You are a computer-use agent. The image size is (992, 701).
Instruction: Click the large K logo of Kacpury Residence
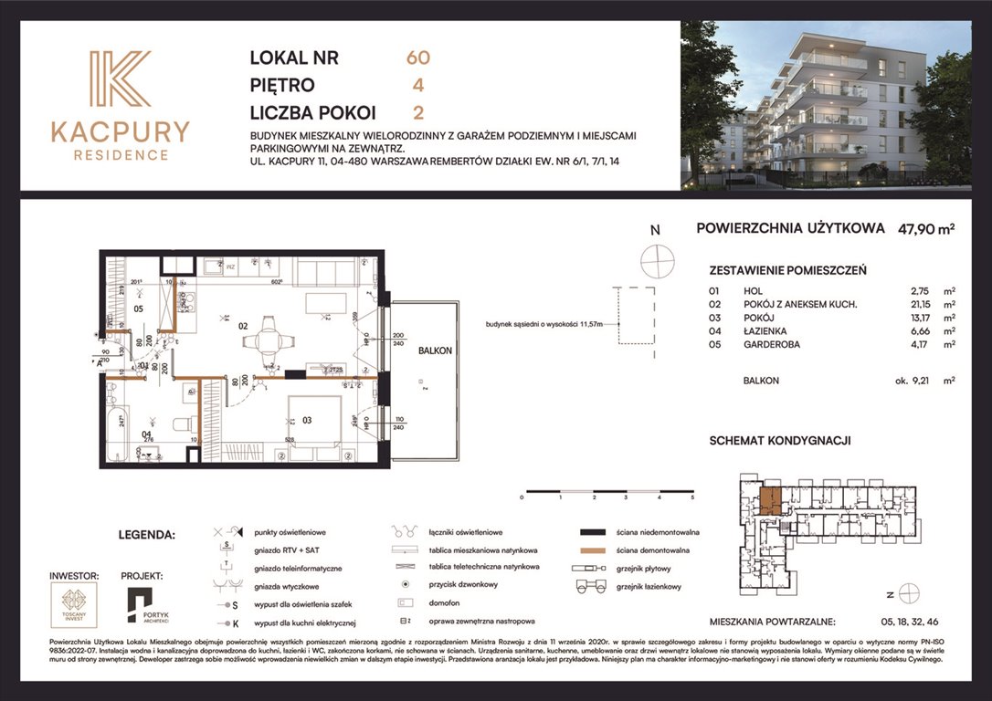click(x=119, y=79)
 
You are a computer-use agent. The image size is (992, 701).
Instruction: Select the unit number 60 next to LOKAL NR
click(x=417, y=58)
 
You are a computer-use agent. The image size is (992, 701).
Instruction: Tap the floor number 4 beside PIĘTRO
click(x=417, y=86)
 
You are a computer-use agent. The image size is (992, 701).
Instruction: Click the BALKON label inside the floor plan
click(x=433, y=350)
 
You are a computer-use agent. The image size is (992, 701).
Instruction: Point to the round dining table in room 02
click(x=268, y=340)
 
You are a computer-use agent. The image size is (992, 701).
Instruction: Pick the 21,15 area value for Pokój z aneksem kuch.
click(x=910, y=303)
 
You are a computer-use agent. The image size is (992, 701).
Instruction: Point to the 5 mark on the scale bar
click(x=692, y=498)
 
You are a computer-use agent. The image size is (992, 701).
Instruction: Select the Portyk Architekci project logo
click(x=142, y=604)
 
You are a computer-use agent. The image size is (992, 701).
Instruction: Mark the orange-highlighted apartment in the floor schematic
click(x=768, y=500)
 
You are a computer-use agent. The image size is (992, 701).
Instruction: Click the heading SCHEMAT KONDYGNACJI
click(x=780, y=440)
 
